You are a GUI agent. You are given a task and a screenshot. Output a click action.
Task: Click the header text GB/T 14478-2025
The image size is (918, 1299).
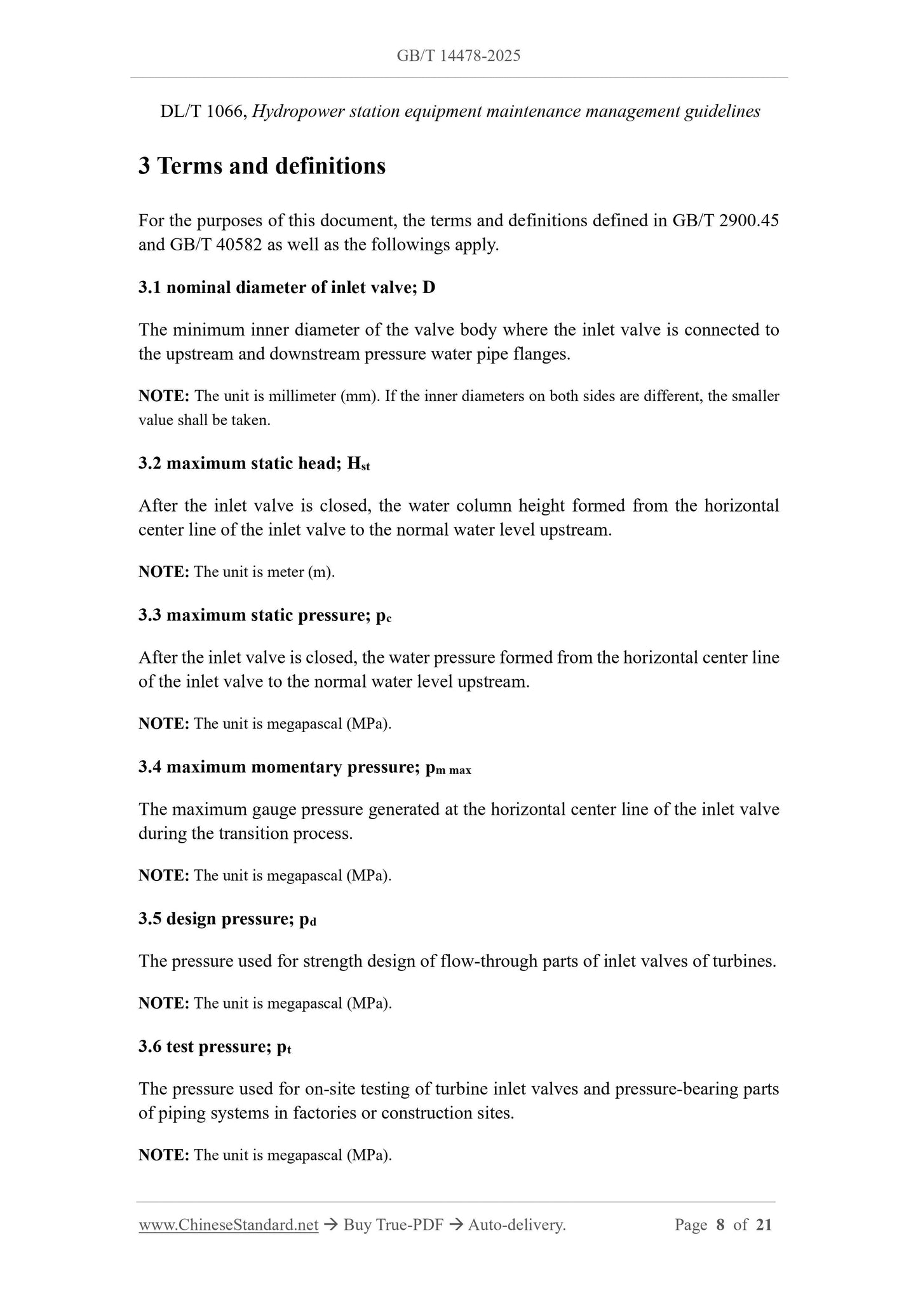pyautogui.click(x=458, y=56)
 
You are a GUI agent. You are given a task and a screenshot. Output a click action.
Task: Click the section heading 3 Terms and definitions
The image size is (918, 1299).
pyautogui.click(x=262, y=166)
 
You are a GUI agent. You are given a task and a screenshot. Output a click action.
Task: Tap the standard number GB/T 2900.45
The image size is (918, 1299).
pyautogui.click(x=725, y=221)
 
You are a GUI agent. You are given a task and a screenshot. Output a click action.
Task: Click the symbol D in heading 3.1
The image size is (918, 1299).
pyautogui.click(x=429, y=287)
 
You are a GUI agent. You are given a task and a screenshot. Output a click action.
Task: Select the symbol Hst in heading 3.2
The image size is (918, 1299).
pyautogui.click(x=358, y=464)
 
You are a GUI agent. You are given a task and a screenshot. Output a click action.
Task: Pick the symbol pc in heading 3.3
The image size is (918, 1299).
pyautogui.click(x=383, y=616)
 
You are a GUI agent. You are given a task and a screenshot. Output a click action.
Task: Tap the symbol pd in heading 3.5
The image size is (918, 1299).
pyautogui.click(x=307, y=920)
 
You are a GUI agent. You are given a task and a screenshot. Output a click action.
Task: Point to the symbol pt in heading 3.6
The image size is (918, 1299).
pyautogui.click(x=283, y=1047)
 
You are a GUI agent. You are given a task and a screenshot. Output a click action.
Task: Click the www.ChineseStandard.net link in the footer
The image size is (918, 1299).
pyautogui.click(x=228, y=1225)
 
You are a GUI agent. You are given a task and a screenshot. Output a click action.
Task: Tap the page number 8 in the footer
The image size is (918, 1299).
pyautogui.click(x=720, y=1225)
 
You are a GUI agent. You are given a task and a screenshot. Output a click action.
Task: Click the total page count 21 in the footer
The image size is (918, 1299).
pyautogui.click(x=764, y=1225)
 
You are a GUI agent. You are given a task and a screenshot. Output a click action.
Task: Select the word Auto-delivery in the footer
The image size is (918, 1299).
pyautogui.click(x=516, y=1225)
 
